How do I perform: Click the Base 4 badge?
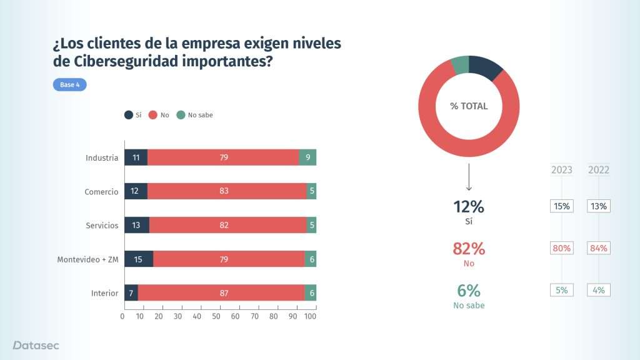[69, 85]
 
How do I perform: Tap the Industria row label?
[101, 157]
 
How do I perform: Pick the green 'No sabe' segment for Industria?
[307, 157]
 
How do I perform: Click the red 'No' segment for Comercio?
[226, 191]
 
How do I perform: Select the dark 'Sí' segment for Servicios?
[137, 225]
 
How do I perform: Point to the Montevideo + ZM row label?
[87, 259]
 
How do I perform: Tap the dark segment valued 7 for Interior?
[131, 292]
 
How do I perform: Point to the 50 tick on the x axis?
[216, 316]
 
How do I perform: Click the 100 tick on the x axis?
[311, 316]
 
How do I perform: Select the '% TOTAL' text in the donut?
[469, 106]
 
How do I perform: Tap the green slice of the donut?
[460, 64]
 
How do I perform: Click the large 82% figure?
[469, 249]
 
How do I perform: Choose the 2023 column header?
[562, 170]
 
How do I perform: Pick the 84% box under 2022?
[599, 248]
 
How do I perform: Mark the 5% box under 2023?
[562, 290]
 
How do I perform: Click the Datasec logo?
[36, 345]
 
